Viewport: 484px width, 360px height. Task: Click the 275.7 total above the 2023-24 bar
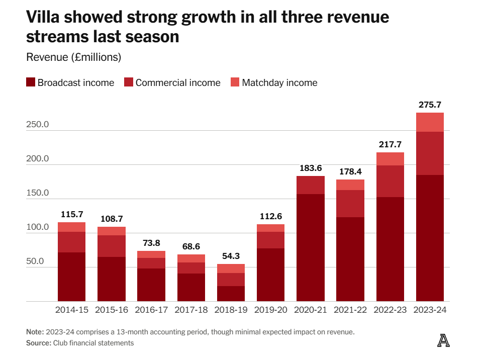click(430, 105)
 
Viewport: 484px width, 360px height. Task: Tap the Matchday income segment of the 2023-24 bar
click(430, 122)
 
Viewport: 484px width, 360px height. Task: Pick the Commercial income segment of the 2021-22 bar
click(350, 204)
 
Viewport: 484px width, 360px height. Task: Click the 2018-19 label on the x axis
click(231, 310)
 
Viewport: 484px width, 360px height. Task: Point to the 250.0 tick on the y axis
click(37, 125)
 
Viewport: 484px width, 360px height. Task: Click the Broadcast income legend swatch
click(30, 82)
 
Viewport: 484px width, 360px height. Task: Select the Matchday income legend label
click(279, 83)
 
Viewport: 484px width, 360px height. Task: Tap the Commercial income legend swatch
click(128, 82)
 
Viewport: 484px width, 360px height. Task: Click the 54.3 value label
click(231, 256)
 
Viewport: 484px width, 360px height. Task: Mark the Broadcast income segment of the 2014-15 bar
click(71, 277)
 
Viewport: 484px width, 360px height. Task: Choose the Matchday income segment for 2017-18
click(191, 258)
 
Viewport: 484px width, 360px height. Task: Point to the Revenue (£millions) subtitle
click(73, 57)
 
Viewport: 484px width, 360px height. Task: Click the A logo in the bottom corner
click(443, 341)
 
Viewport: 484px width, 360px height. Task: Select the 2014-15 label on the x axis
click(71, 310)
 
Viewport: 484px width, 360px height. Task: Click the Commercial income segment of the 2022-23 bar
click(390, 181)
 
